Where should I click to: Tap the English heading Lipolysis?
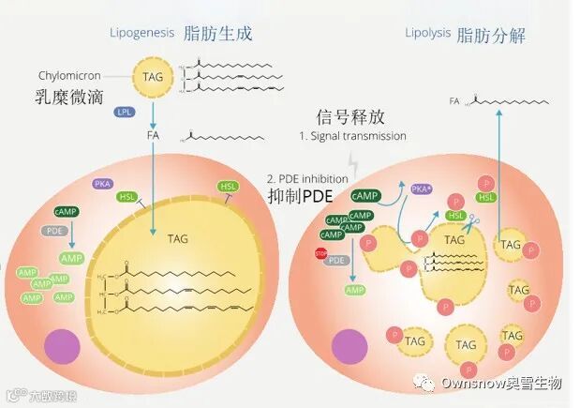pos(426,33)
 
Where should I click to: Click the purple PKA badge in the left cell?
pos(103,184)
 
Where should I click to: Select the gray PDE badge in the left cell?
pos(53,230)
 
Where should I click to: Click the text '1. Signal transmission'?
pos(352,136)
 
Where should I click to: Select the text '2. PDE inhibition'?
pos(307,178)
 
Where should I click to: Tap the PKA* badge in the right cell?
pos(423,190)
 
